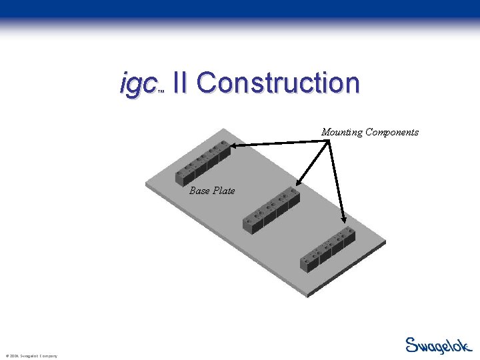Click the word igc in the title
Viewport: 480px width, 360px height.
click(137, 85)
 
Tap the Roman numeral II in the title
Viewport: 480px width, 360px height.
click(179, 83)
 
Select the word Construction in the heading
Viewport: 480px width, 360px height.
click(278, 83)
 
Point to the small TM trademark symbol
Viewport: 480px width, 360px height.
click(161, 93)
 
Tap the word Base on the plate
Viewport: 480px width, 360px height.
click(199, 191)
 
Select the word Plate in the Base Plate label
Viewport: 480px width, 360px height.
click(223, 191)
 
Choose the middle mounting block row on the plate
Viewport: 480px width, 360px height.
click(272, 210)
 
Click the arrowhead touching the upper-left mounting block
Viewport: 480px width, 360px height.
click(233, 145)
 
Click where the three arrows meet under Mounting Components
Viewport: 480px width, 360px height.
click(329, 139)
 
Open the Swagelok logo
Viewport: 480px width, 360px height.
click(439, 345)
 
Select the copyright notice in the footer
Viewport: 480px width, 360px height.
click(31, 356)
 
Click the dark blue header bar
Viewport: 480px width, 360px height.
click(240, 9)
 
